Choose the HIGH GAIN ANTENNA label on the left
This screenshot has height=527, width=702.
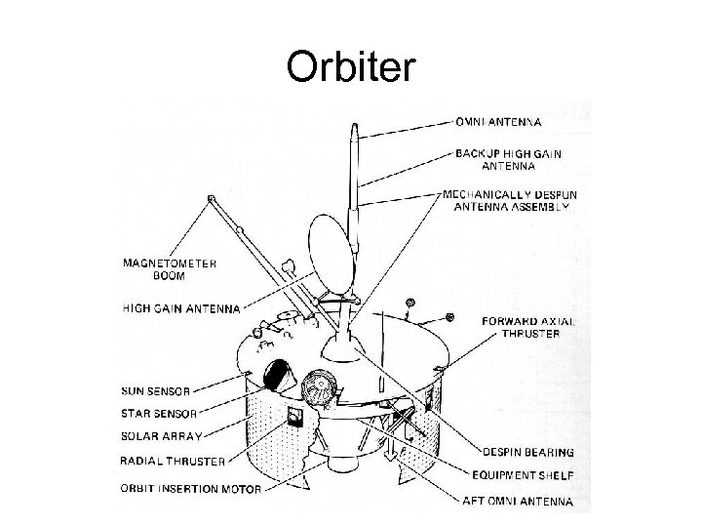180,308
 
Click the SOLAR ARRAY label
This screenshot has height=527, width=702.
162,437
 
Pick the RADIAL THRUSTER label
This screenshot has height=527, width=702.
173,461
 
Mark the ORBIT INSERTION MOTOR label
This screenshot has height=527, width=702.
190,488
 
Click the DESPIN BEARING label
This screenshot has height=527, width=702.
527,452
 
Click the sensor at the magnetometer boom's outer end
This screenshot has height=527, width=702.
210,200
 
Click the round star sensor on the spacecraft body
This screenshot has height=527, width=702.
319,390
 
